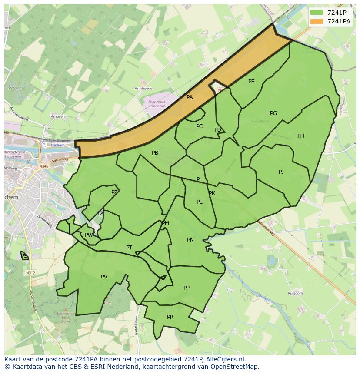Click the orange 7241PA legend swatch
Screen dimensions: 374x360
click(x=317, y=21)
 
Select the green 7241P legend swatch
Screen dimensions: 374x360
click(x=317, y=13)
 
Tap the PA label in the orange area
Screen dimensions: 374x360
click(x=190, y=97)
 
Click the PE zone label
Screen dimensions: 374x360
click(x=251, y=82)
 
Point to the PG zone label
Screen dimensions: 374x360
click(x=273, y=113)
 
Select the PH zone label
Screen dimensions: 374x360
click(x=301, y=136)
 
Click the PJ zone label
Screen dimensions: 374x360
click(x=281, y=172)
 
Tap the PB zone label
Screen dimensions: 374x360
click(x=155, y=153)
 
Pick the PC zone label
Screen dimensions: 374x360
click(x=199, y=126)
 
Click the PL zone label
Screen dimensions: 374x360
click(x=199, y=202)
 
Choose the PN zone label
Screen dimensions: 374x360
click(x=190, y=240)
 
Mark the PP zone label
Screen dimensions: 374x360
click(x=187, y=288)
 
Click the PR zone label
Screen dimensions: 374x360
click(x=170, y=317)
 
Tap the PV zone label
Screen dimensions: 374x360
click(x=104, y=277)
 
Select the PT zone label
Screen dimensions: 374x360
click(x=129, y=248)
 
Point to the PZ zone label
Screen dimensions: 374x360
click(x=114, y=192)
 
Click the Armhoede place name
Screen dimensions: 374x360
click(x=144, y=89)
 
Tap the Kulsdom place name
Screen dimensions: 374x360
click(x=295, y=294)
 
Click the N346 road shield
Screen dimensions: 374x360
click(x=43, y=166)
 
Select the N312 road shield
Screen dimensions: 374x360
click(x=30, y=273)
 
